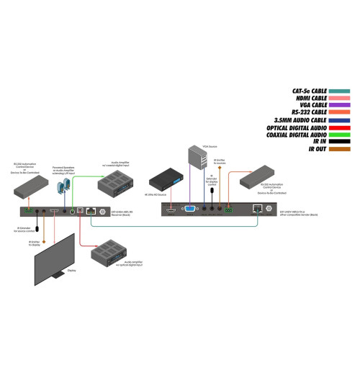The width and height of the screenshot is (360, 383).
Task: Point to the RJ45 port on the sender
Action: (x=258, y=209)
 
